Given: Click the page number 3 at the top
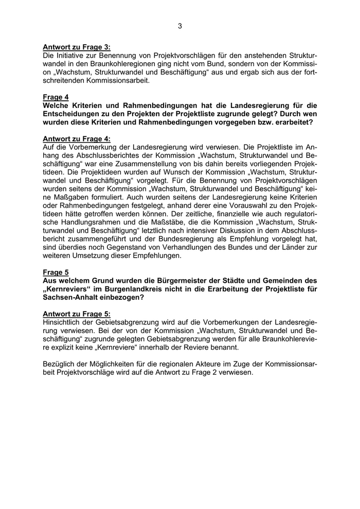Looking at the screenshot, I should [x=179, y=26].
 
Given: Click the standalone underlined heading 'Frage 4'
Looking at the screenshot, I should [x=56, y=97].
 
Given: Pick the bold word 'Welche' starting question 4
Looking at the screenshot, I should [x=57, y=105].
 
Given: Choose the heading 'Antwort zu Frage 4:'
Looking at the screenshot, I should [x=77, y=138].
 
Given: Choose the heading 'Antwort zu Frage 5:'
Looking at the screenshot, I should [x=77, y=313].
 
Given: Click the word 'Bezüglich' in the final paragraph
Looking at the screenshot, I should [x=61, y=363].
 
